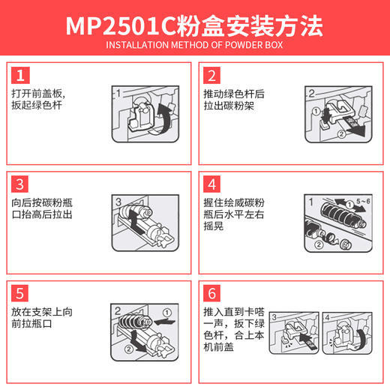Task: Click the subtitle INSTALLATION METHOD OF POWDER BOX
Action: pyautogui.click(x=194, y=52)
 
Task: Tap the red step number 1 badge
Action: pyautogui.click(x=21, y=75)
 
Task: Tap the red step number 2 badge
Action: pyautogui.click(x=211, y=75)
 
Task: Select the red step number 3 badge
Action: pyautogui.click(x=21, y=184)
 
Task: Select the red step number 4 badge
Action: pyautogui.click(x=211, y=184)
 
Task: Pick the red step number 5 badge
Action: pyautogui.click(x=21, y=291)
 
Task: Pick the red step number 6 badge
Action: pyautogui.click(x=211, y=291)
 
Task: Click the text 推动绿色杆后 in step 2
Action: pyautogui.click(x=234, y=94)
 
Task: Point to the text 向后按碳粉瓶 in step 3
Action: pyautogui.click(x=43, y=202)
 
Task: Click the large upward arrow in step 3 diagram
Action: pyautogui.click(x=133, y=221)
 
